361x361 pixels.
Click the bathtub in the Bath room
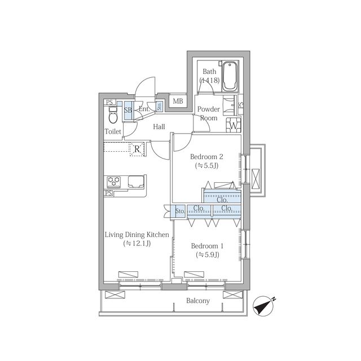[x=230, y=76]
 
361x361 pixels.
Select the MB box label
[x=178, y=101]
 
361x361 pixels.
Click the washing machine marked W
[x=234, y=125]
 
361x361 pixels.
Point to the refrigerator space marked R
[x=137, y=149]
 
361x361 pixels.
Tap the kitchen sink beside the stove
[x=136, y=182]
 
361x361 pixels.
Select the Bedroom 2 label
[x=206, y=157]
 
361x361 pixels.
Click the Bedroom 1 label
[x=207, y=246]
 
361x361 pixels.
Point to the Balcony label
[x=198, y=301]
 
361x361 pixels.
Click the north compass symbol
[x=263, y=306]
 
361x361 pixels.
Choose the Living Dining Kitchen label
[x=137, y=235]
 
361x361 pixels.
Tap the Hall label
[x=159, y=126]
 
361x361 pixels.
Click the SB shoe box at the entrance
[x=128, y=110]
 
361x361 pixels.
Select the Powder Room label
[x=209, y=113]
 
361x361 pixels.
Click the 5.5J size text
[x=206, y=165]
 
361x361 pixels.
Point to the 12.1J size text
[x=137, y=243]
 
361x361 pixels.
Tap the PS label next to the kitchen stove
[x=108, y=193]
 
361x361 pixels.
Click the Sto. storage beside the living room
[x=180, y=210]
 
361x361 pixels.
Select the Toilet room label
[x=113, y=131]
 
